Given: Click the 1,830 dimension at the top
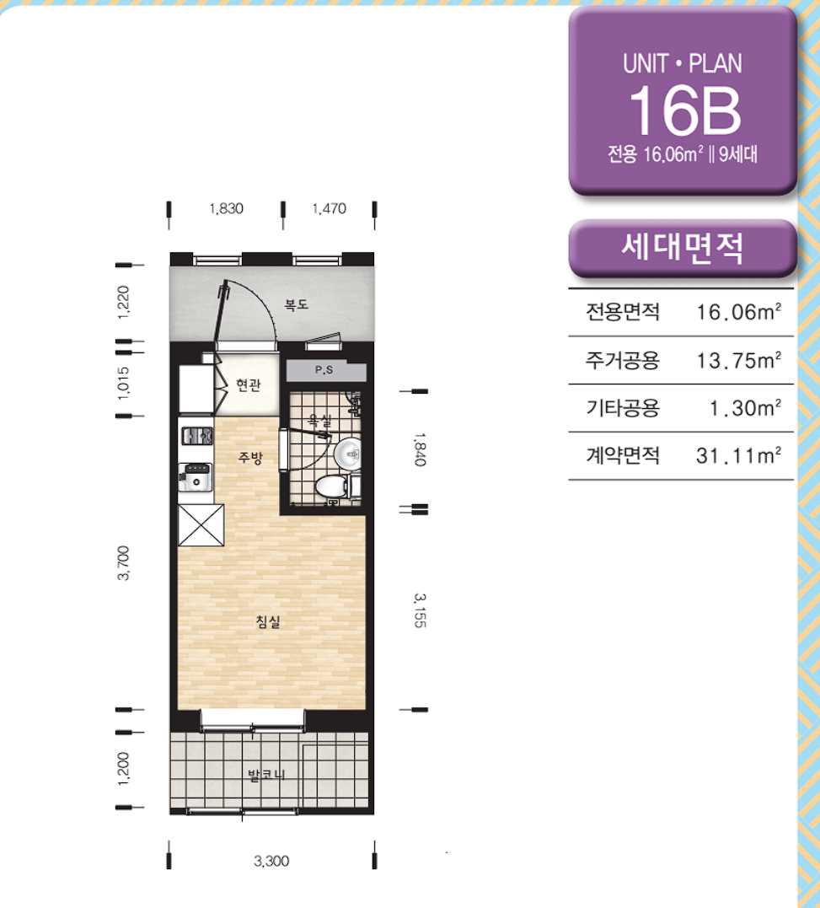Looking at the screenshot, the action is [x=226, y=208].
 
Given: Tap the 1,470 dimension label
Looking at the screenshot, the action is [x=330, y=208].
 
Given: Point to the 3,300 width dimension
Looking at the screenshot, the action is [x=271, y=861].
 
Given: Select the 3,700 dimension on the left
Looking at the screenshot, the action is [x=123, y=562].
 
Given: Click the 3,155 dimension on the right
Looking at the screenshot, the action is [x=421, y=610].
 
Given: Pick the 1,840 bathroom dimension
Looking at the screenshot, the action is [x=421, y=449].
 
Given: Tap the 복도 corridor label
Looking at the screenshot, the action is [x=296, y=304].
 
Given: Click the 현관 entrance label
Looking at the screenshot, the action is [x=249, y=384].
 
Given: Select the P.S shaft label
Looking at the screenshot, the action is [x=324, y=369].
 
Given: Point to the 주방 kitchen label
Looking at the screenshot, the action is [x=250, y=458].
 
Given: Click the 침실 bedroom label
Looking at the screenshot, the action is [x=268, y=622].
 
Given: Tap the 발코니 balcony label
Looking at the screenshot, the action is [x=267, y=775].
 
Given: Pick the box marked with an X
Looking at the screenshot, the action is [x=201, y=525].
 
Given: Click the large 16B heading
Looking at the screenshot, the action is [x=684, y=110].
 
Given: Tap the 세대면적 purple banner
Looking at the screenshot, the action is [x=682, y=248].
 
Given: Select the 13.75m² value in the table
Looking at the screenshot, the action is [x=739, y=360].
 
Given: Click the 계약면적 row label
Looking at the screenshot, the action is [x=623, y=456].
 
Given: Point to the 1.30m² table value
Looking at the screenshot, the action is [x=745, y=408].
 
